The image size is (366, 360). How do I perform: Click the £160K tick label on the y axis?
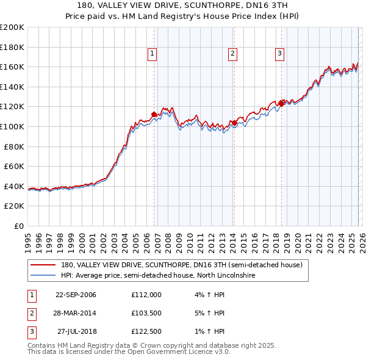click(12, 67)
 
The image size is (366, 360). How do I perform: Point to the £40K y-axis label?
click(14, 186)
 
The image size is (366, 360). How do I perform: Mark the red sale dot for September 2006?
click(154, 114)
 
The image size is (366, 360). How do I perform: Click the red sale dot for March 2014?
click(234, 123)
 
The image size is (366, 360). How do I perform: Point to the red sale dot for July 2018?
click(281, 104)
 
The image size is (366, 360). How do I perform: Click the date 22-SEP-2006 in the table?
click(76, 295)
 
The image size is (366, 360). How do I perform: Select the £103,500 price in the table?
click(146, 313)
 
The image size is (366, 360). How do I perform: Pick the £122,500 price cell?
click(146, 331)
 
